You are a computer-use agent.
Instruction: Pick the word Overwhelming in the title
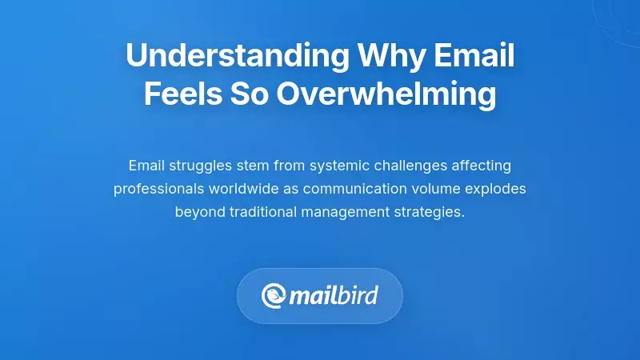387,95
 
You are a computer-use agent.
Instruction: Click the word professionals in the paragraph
156,190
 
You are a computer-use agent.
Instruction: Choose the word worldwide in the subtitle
242,190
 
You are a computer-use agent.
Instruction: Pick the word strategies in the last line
429,214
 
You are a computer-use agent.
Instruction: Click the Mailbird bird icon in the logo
274,296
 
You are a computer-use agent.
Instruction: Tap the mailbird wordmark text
334,296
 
